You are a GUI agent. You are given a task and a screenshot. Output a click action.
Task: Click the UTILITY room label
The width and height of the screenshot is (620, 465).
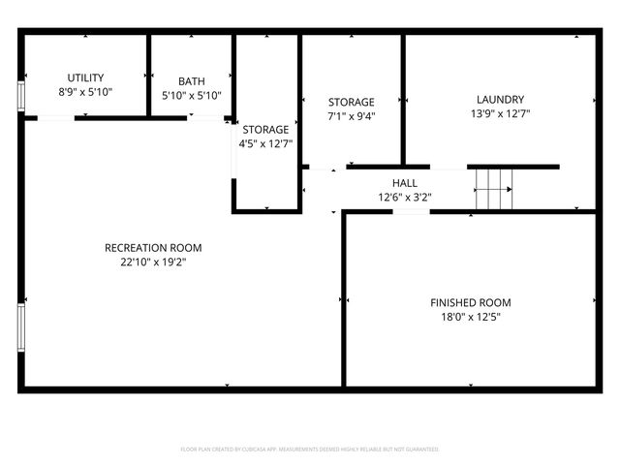click(x=85, y=77)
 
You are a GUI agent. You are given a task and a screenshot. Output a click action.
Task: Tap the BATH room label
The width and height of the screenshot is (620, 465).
click(x=191, y=81)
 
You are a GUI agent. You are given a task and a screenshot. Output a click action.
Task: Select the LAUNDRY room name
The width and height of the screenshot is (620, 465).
click(x=500, y=99)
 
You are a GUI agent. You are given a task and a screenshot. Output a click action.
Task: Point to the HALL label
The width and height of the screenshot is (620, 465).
click(x=404, y=182)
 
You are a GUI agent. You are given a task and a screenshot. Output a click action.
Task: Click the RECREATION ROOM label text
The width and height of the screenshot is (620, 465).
click(x=153, y=248)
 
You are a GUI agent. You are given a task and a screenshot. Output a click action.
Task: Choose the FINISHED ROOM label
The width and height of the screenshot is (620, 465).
click(x=472, y=303)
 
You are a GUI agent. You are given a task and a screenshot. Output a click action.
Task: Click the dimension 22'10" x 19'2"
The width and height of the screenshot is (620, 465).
click(x=153, y=262)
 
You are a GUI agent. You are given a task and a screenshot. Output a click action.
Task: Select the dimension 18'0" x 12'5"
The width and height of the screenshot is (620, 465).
click(x=472, y=317)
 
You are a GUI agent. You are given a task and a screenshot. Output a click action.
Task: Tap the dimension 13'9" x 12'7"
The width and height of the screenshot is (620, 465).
click(x=500, y=113)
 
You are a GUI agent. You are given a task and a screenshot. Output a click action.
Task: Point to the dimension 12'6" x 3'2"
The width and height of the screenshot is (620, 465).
click(x=404, y=197)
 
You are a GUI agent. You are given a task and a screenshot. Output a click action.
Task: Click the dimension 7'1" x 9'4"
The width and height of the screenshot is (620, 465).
click(x=351, y=116)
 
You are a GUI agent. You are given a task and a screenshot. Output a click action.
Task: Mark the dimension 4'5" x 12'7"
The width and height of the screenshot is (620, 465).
click(x=265, y=143)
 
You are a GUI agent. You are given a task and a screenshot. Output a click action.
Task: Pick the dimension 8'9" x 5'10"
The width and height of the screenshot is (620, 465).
click(x=85, y=92)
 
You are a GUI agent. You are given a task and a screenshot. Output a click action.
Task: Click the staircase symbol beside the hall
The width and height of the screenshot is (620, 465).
click(x=493, y=189)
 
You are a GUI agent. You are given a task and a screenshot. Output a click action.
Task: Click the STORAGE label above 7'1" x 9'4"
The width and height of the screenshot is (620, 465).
click(x=351, y=102)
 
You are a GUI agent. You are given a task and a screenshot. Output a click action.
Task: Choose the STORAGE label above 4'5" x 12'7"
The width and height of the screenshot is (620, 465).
click(x=265, y=129)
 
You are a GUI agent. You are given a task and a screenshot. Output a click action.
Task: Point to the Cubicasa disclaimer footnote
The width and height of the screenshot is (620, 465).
click(x=310, y=449)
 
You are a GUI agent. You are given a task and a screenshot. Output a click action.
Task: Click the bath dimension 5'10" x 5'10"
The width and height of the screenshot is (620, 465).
click(x=191, y=96)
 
